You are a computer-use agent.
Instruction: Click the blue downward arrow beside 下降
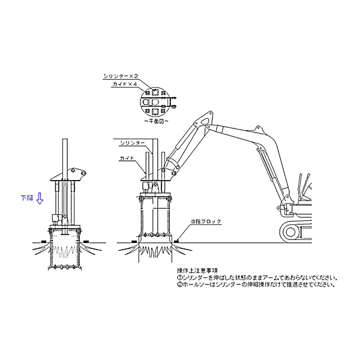coord(39,199)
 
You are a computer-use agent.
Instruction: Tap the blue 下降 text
coord(27,197)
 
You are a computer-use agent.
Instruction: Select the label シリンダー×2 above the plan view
coord(121,76)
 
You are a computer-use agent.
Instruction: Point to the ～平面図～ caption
coord(155,121)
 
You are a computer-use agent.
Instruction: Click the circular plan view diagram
coord(154,101)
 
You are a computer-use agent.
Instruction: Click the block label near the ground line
coord(205,221)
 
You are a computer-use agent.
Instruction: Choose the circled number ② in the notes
coord(179,284)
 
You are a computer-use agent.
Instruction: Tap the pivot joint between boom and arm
coord(209,118)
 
